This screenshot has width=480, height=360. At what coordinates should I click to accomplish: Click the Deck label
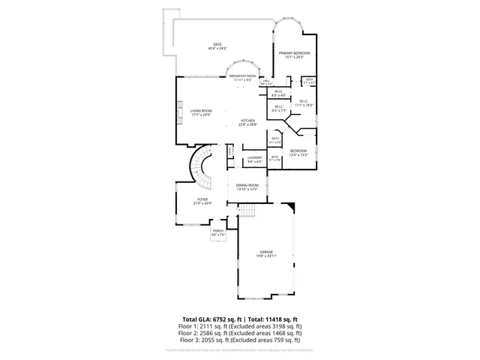coord(217,46)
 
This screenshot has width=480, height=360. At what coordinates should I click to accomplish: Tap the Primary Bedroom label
coord(295,55)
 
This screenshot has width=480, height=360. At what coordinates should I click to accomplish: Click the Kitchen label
coord(248,122)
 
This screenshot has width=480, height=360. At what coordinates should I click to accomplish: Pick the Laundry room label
coord(254,159)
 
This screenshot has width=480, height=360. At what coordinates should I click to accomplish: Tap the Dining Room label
coord(247,187)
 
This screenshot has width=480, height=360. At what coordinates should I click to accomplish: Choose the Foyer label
coord(202,201)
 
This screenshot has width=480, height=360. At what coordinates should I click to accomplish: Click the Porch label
coord(217,232)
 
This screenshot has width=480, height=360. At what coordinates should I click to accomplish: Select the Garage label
coord(266,253)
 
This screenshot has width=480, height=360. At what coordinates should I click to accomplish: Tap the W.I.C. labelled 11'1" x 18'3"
coord(303,103)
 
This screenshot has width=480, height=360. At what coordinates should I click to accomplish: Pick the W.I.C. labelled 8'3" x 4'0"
coord(278,94)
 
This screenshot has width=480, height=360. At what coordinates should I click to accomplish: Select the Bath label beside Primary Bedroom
coord(309,80)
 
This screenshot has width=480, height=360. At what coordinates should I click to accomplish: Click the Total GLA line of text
coord(240,319)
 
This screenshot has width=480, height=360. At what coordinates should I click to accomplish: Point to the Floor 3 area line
coord(240,340)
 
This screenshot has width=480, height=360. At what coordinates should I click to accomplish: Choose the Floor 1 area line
coord(240,327)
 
